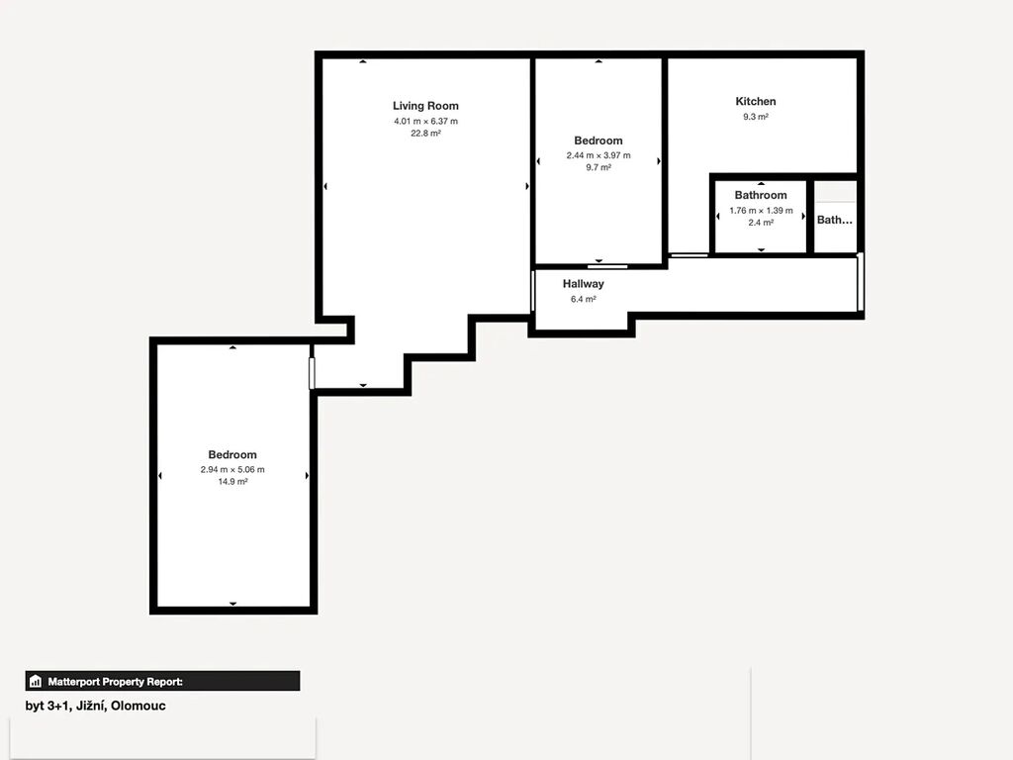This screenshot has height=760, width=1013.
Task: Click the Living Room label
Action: click(x=425, y=106)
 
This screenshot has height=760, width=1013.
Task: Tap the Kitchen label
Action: click(x=755, y=102)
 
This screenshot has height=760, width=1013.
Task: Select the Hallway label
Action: click(x=584, y=284)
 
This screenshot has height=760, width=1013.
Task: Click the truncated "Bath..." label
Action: click(x=835, y=220)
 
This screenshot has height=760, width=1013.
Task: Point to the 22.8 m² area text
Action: click(x=425, y=134)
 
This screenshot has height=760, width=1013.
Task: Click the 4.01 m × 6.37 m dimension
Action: click(x=425, y=121)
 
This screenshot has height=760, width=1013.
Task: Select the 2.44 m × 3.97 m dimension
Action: click(x=599, y=155)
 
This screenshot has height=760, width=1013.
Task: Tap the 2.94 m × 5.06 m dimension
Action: click(x=232, y=470)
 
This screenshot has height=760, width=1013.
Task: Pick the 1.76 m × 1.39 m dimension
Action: click(x=761, y=210)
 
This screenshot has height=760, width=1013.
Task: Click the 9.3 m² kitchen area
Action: click(x=755, y=117)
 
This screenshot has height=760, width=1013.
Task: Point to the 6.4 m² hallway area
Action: click(x=584, y=299)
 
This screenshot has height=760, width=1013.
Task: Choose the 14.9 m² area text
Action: click(x=232, y=482)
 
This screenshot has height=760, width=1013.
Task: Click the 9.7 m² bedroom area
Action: click(x=599, y=167)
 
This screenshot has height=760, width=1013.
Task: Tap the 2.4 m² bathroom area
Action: click(x=761, y=223)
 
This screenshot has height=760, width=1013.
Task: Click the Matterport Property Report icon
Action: click(x=36, y=681)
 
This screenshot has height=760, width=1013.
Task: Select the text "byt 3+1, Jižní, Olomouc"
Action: click(x=96, y=706)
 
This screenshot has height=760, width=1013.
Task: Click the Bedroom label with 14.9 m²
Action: click(x=232, y=455)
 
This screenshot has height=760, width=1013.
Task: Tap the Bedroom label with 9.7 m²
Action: click(x=599, y=141)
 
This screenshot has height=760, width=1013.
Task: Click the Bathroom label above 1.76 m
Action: click(x=761, y=195)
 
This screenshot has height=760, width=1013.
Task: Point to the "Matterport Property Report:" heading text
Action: click(x=116, y=682)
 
